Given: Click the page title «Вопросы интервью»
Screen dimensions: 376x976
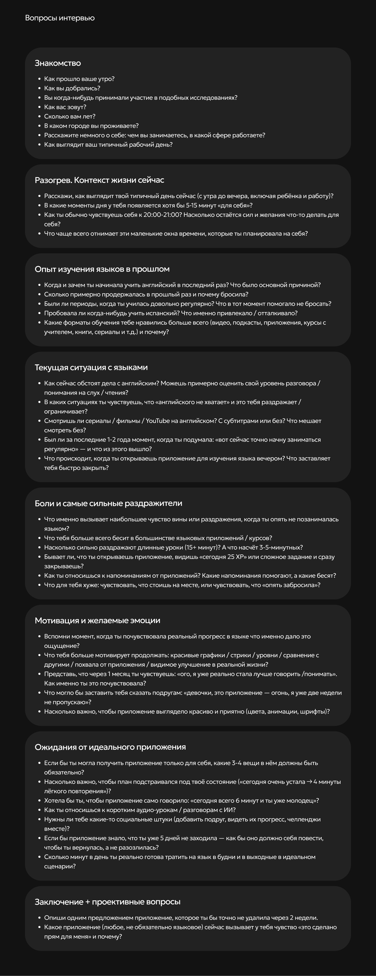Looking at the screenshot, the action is coord(60,18).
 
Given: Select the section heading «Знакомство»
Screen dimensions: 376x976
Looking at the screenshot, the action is coord(58,63).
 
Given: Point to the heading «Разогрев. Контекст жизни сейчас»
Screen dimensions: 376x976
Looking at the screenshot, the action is coord(99,180).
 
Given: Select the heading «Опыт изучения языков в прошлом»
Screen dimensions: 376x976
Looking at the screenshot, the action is coord(102,269).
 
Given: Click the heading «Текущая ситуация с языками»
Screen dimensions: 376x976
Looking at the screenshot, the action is coord(91,367).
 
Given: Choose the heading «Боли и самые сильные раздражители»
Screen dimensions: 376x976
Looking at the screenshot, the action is coord(109,503).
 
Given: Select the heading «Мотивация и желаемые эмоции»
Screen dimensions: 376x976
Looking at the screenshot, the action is coord(97,620).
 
